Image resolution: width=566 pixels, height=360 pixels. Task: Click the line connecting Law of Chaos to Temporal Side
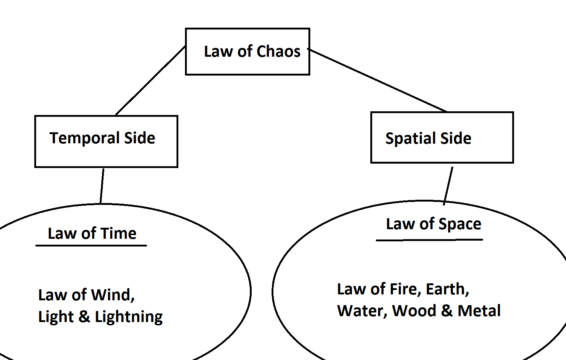click(x=150, y=80)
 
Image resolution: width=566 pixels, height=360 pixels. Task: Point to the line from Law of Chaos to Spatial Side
click(x=378, y=80)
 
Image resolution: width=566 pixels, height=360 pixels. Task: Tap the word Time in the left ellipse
click(x=118, y=234)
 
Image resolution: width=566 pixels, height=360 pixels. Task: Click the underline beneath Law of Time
click(x=91, y=245)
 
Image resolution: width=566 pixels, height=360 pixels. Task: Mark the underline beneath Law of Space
click(x=429, y=240)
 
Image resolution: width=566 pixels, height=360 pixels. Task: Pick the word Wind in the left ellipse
click(x=112, y=295)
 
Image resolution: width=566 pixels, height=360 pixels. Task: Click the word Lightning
click(x=129, y=317)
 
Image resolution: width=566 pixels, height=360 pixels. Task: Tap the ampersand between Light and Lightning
click(x=84, y=317)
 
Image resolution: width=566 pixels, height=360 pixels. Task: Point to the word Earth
click(x=447, y=289)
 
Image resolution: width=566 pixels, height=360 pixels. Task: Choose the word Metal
click(x=479, y=311)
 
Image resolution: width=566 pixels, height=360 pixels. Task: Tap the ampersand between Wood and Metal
click(x=447, y=311)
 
